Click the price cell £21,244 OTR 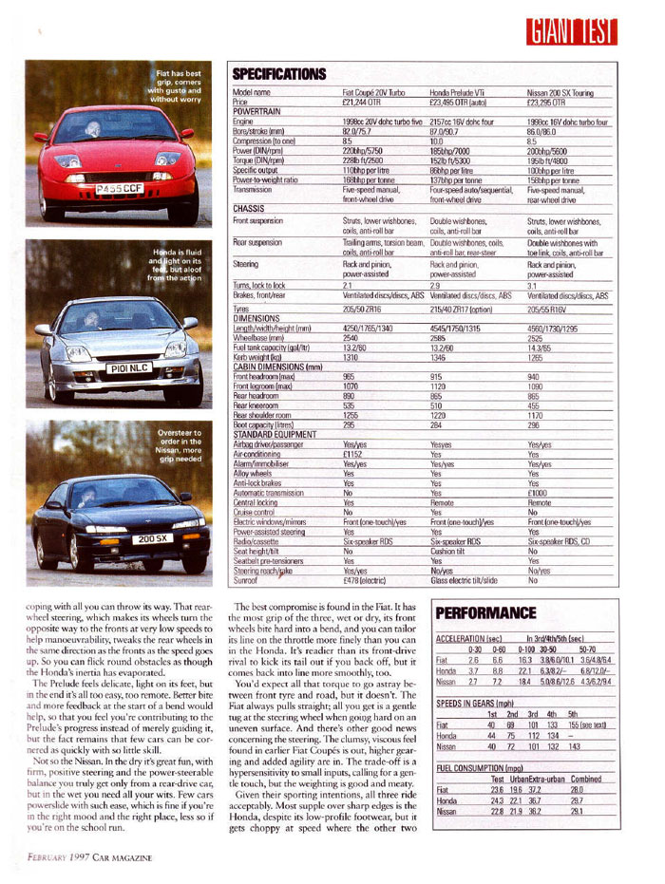(x=362, y=103)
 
